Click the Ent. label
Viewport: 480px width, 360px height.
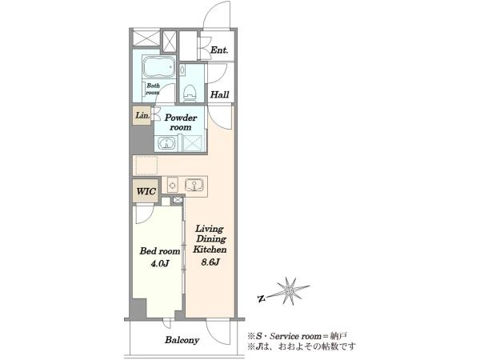219,50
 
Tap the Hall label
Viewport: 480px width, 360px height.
219,94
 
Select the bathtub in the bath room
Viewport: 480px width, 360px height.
159,66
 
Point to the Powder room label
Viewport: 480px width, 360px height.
181,122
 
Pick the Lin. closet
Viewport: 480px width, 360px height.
142,115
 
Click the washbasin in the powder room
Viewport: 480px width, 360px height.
166,143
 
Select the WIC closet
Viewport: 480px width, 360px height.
146,191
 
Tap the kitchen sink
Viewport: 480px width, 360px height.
194,186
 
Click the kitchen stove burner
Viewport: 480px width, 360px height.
173,186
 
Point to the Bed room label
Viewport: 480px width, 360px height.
160,251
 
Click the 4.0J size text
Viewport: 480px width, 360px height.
160,263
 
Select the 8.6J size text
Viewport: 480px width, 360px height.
210,262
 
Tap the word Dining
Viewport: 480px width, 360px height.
211,239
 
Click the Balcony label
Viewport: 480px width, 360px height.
182,340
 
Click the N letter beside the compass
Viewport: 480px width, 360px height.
261,298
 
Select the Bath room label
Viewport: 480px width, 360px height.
153,89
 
